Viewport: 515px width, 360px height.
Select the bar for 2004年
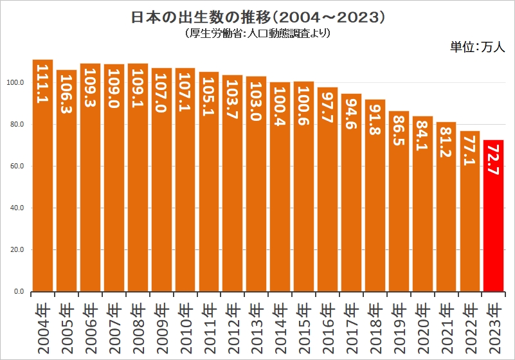click(x=42, y=193)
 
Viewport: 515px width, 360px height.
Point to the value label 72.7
click(x=493, y=161)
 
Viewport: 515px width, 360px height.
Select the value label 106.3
click(x=66, y=91)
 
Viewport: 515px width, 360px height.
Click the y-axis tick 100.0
click(x=15, y=83)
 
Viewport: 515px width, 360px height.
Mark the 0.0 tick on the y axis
click(x=19, y=292)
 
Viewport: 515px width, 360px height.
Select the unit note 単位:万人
click(x=478, y=47)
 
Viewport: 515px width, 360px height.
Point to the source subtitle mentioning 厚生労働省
click(x=257, y=32)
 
